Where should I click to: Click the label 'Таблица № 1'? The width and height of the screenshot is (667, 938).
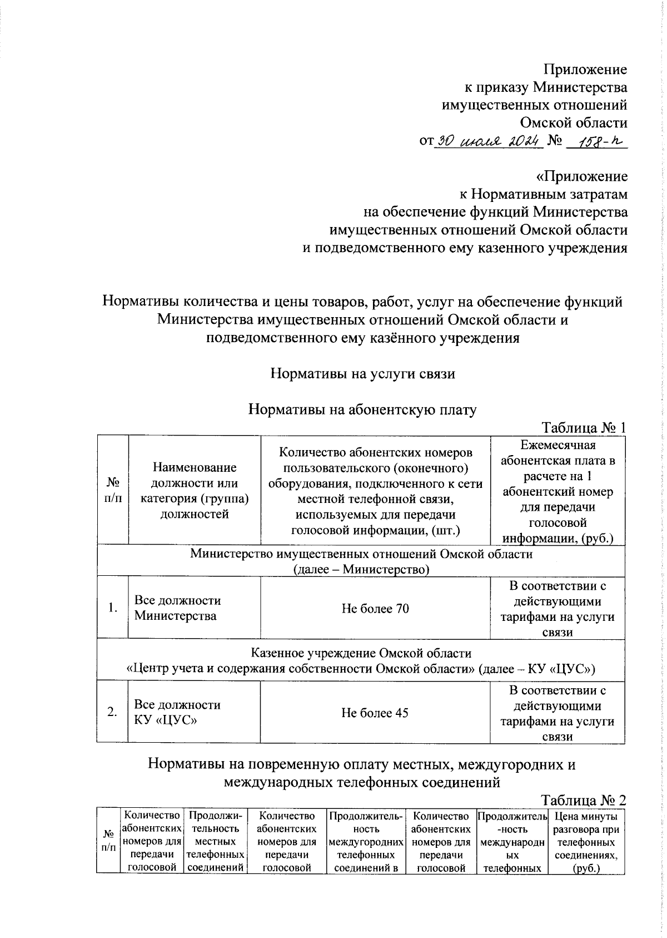[584, 427]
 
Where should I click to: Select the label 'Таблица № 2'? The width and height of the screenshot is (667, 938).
[584, 800]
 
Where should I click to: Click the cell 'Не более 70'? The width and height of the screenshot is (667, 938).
[375, 609]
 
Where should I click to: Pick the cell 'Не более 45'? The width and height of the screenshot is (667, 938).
[375, 713]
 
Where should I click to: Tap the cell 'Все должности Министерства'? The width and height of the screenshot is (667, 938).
[178, 608]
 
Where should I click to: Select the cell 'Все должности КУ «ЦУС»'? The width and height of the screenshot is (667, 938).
[178, 712]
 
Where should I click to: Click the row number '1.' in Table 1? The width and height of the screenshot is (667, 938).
[113, 608]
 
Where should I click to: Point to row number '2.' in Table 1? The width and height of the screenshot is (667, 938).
[113, 712]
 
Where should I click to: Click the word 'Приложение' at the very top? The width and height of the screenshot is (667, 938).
[585, 70]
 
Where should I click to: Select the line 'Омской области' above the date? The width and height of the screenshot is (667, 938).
[574, 123]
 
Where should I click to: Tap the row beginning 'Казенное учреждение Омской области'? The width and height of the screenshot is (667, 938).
[361, 660]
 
